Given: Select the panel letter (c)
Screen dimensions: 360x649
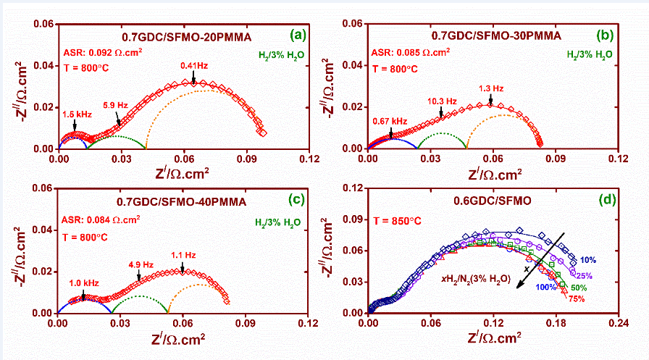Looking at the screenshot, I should (x=298, y=198).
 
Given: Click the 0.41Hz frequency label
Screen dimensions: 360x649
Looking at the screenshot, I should (x=194, y=66).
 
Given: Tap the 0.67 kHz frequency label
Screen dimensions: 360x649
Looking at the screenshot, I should (x=390, y=121).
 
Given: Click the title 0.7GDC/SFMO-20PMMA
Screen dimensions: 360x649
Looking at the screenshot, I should (x=167, y=34).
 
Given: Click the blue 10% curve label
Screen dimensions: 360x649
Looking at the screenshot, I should (x=587, y=259).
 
